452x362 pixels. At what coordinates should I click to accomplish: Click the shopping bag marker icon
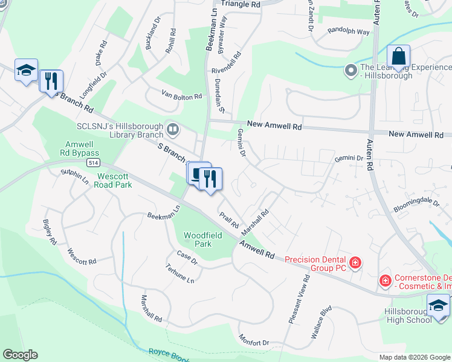(x=398, y=57)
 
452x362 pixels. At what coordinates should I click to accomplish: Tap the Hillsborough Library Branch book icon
(x=173, y=129)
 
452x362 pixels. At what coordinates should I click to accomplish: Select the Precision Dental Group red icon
(x=355, y=262)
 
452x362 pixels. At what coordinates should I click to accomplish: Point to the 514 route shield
(x=92, y=163)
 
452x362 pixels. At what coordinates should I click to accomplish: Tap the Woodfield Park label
(x=198, y=240)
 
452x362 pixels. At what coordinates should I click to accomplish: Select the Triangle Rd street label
(x=241, y=4)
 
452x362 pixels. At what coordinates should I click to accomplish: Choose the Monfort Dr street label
(x=254, y=340)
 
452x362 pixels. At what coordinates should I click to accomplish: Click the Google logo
(x=20, y=355)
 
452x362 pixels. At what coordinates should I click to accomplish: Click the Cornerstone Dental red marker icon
(x=385, y=281)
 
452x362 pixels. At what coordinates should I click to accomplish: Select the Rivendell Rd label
(x=226, y=70)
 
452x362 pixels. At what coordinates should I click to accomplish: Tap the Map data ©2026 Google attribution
(x=415, y=357)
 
